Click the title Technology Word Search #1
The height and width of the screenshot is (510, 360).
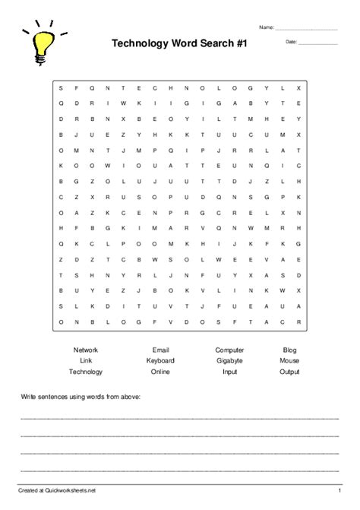[x=180, y=46]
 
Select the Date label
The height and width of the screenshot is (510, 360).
[x=291, y=42]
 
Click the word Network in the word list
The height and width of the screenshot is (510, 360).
[x=86, y=350]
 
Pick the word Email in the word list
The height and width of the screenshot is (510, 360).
[x=160, y=350]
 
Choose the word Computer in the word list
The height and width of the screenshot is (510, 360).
[x=229, y=350]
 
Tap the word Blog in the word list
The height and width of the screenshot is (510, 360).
[x=289, y=350]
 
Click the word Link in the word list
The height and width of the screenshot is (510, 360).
[x=86, y=360]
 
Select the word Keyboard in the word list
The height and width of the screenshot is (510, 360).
[x=160, y=360]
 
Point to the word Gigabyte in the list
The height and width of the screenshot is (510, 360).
[x=229, y=360]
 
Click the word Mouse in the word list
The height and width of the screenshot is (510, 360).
[x=289, y=360]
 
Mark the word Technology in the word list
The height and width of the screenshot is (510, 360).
[x=86, y=372]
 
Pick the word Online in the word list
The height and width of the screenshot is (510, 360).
[x=160, y=372]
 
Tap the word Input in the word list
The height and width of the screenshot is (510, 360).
[x=229, y=372]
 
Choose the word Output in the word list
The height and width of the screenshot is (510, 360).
[x=289, y=372]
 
